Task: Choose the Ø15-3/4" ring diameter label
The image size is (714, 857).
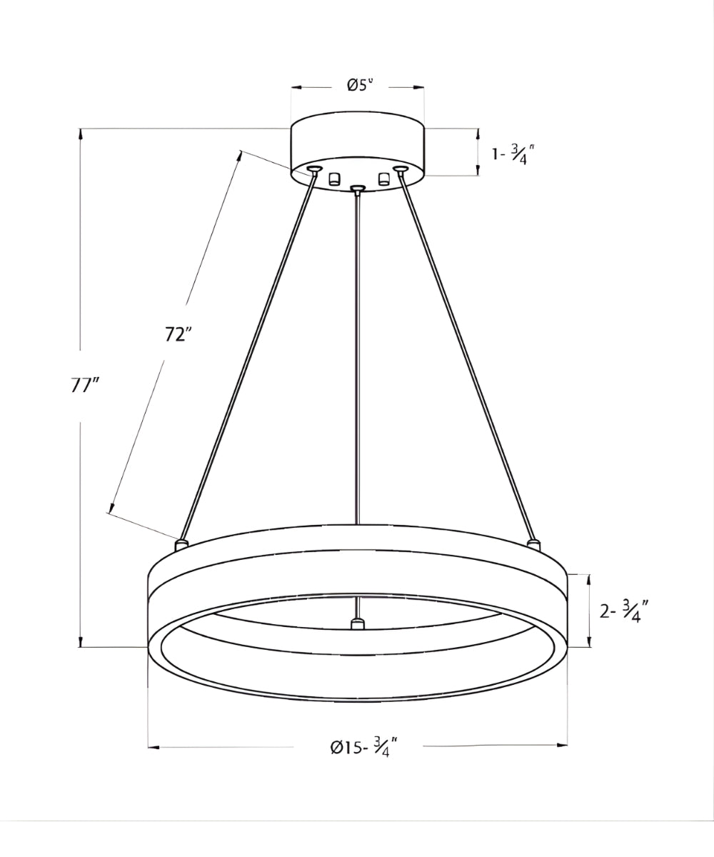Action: [363, 748]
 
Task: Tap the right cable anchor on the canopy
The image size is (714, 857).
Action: [399, 169]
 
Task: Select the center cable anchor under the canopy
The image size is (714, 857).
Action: [358, 189]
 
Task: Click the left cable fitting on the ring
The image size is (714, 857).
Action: [181, 545]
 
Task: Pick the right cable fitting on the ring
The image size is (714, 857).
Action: [533, 545]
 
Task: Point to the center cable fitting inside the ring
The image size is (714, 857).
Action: [357, 624]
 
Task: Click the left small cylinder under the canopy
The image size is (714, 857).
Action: [334, 179]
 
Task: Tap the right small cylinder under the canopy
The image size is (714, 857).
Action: [384, 179]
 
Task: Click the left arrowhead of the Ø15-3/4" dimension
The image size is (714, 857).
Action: [153, 747]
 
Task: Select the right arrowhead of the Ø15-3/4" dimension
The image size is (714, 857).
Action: [563, 746]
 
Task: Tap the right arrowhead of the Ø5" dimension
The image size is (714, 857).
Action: [419, 88]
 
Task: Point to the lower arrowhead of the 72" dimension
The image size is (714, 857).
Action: [111, 508]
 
